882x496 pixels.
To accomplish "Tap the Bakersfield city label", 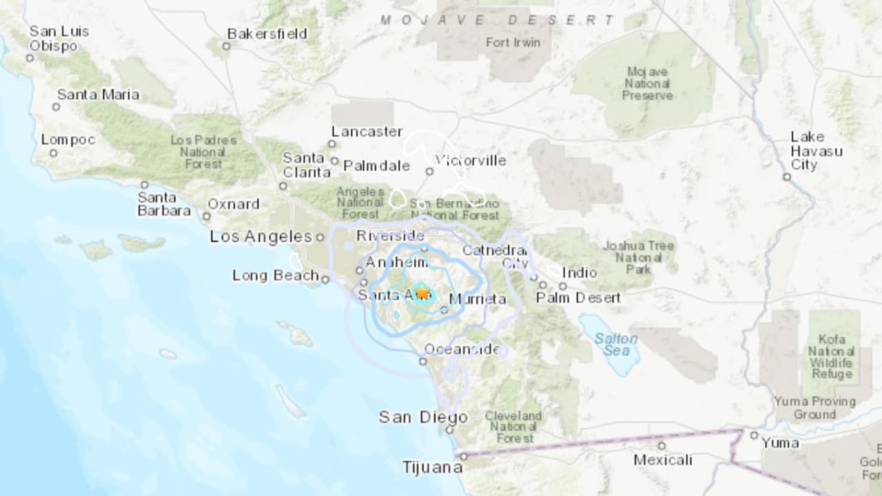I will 267,33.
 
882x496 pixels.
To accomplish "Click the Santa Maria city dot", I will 56,107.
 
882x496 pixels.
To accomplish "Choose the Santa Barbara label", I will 164,204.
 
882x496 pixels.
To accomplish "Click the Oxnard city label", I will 234,204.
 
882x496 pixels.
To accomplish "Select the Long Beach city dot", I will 325,278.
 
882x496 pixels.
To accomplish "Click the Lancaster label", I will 367,131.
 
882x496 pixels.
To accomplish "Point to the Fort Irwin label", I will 513,42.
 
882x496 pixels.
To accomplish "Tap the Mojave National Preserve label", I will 648,83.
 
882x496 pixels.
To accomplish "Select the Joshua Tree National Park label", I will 639,257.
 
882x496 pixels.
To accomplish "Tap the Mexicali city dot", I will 661,445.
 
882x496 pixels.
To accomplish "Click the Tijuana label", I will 433,468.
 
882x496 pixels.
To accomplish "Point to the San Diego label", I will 423,417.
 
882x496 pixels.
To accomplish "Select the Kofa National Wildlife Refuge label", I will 832,356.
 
